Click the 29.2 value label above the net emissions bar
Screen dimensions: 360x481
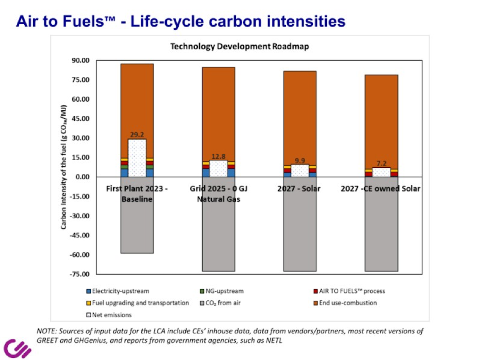137,135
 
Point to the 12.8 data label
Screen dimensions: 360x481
218,156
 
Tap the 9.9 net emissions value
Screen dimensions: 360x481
300,161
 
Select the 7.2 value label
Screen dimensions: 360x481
381,163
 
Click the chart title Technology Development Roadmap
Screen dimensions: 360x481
239,46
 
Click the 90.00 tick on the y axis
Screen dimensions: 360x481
80,60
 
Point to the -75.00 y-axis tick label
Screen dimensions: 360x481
80,274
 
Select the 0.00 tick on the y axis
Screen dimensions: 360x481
82,177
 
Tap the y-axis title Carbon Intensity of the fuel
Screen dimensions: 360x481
63,167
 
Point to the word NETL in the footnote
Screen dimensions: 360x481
274,340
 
